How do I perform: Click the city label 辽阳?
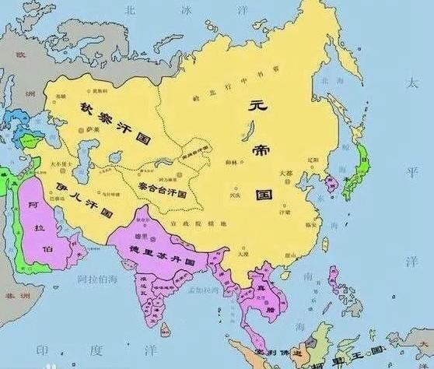[313, 159]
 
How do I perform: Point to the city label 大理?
[242, 254]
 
